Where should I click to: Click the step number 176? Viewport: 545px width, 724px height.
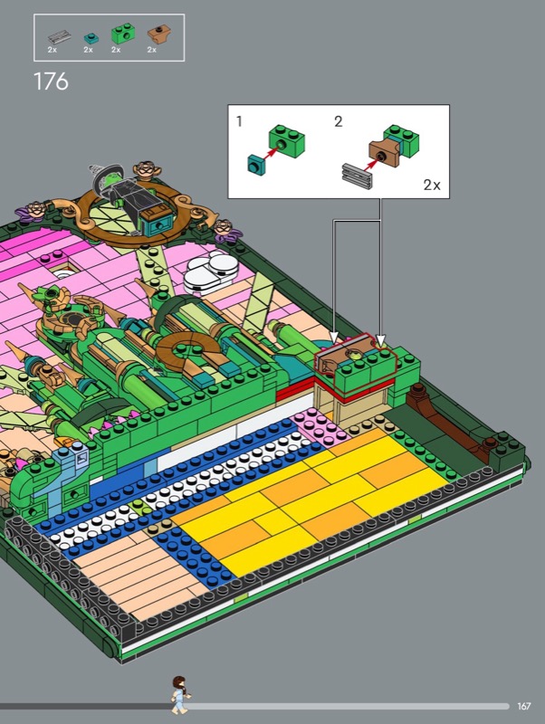click(x=51, y=81)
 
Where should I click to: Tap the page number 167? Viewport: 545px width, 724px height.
click(x=524, y=706)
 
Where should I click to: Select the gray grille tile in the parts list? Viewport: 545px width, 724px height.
click(x=60, y=37)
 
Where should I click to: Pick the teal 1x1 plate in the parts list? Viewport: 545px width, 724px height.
click(x=91, y=38)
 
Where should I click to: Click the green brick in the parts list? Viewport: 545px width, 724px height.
click(x=123, y=34)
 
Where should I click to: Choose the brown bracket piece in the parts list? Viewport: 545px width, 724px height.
click(x=158, y=33)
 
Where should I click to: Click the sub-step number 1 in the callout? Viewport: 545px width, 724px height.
click(x=239, y=121)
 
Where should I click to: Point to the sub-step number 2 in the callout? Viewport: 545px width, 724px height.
click(x=339, y=121)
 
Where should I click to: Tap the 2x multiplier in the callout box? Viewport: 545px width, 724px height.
click(x=432, y=185)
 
